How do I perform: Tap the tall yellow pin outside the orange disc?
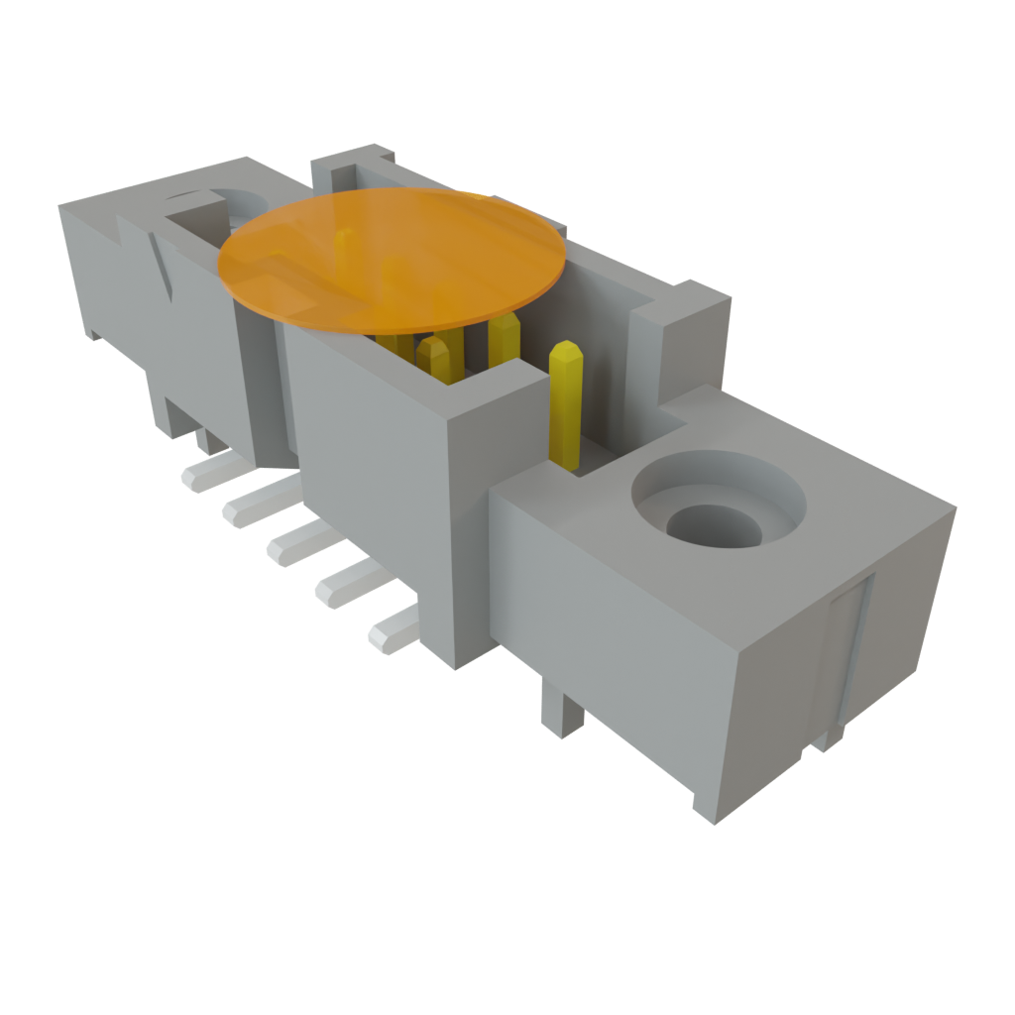(565, 401)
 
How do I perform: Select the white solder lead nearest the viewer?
(392, 629)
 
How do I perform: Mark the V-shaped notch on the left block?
(164, 263)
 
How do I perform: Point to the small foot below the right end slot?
(829, 738)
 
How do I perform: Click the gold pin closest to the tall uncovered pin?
(504, 342)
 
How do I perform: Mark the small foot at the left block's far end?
(91, 332)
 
